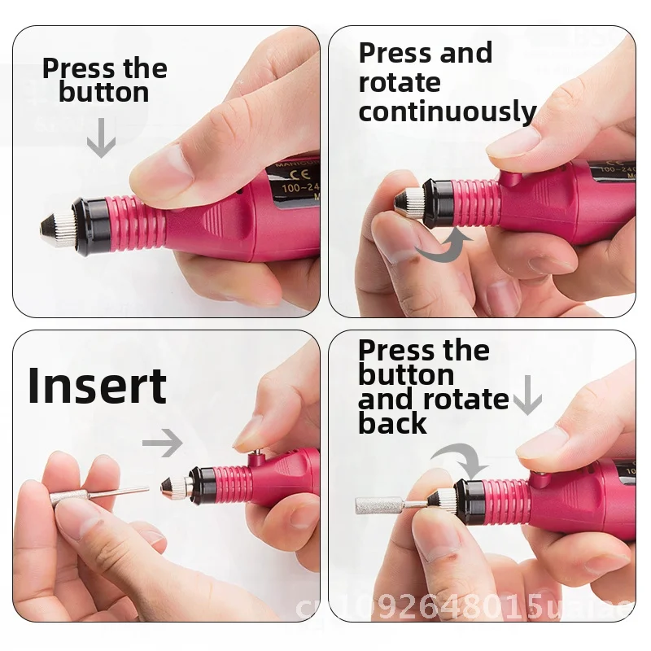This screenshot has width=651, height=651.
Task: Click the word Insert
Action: pos(97,386)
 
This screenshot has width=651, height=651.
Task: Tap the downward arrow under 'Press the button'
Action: pos(101,139)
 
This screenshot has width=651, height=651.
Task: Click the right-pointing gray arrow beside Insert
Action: pos(164,443)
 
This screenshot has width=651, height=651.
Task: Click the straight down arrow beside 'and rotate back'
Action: pos(527,395)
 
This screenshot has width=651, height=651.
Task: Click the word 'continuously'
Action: pos(448,111)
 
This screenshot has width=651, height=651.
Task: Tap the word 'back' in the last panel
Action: pos(392,423)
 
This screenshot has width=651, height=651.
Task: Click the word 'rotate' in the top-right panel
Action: pos(399,82)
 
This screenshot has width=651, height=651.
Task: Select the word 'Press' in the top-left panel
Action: pos(73,68)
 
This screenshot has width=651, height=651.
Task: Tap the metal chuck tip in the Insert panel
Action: pos(180,487)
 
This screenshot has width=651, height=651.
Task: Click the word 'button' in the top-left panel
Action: pos(103,92)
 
